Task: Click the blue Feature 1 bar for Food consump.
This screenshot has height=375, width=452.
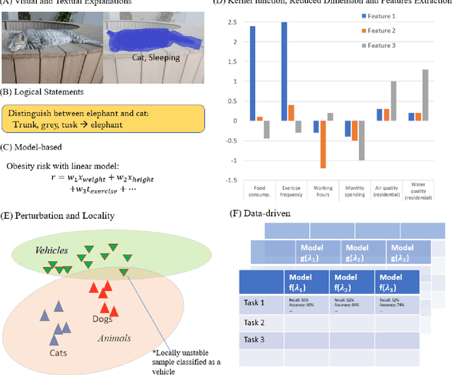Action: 253,73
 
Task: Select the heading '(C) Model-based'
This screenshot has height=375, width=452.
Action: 33,148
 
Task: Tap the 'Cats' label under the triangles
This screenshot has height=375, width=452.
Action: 59,351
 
